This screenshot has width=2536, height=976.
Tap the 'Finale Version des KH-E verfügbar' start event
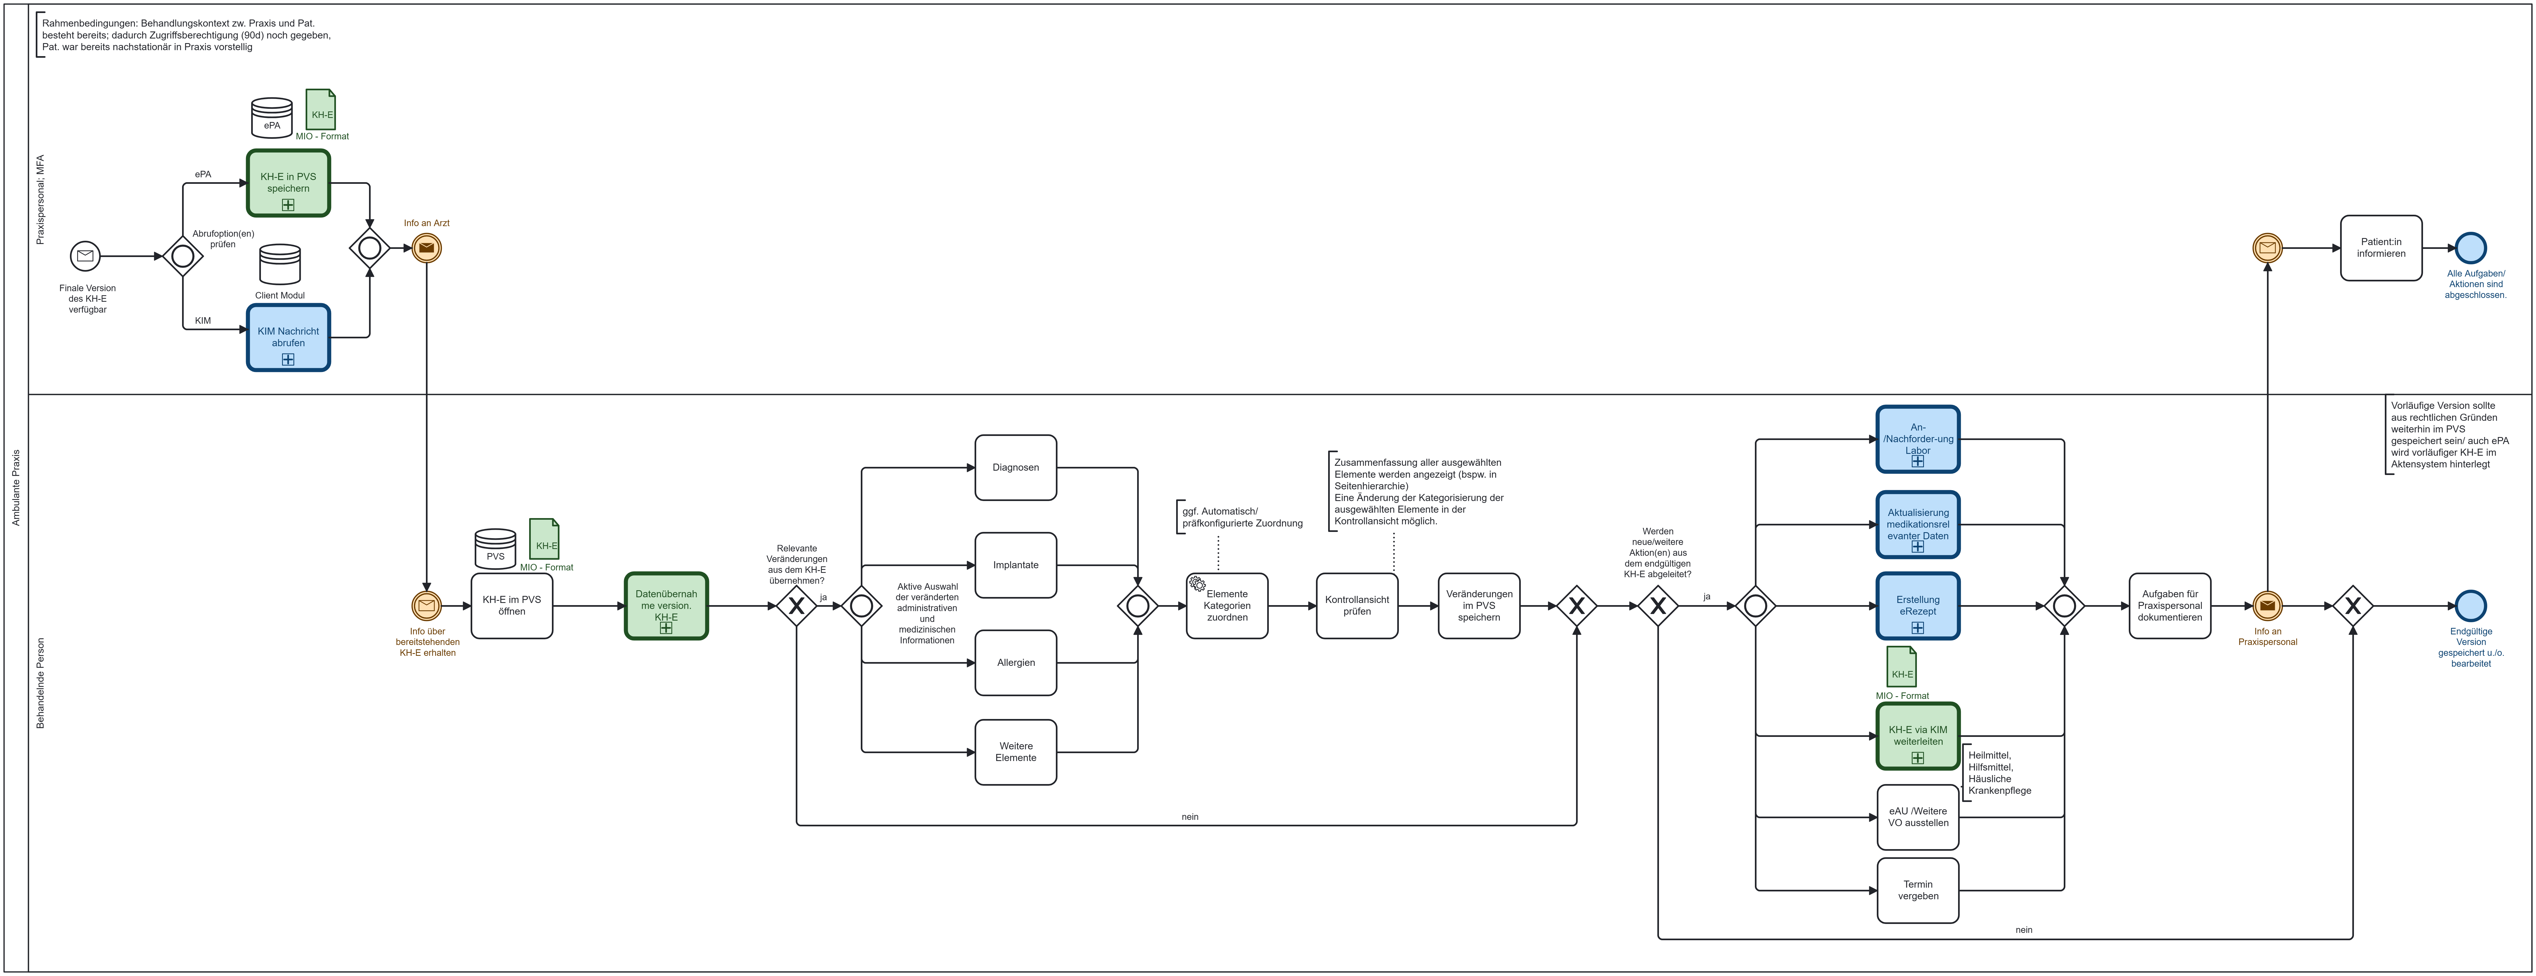[x=86, y=256]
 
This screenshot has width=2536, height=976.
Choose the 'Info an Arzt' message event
[x=426, y=248]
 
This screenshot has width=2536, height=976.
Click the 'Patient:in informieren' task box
[x=2380, y=248]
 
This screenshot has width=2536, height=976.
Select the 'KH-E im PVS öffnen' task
[x=512, y=606]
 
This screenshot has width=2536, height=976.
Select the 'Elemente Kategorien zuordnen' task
[x=1227, y=606]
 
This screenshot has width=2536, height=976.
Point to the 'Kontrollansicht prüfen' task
[x=1357, y=606]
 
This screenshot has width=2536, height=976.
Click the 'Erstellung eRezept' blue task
[x=1918, y=606]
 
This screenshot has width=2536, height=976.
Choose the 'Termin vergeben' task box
[x=1918, y=890]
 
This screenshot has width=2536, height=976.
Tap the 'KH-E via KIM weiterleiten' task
[x=1918, y=736]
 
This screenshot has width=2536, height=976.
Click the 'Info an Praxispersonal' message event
[x=2267, y=606]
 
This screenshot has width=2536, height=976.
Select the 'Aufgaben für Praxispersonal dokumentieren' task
[x=2170, y=606]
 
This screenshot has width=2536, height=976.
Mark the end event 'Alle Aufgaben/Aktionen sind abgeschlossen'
[x=2471, y=248]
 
